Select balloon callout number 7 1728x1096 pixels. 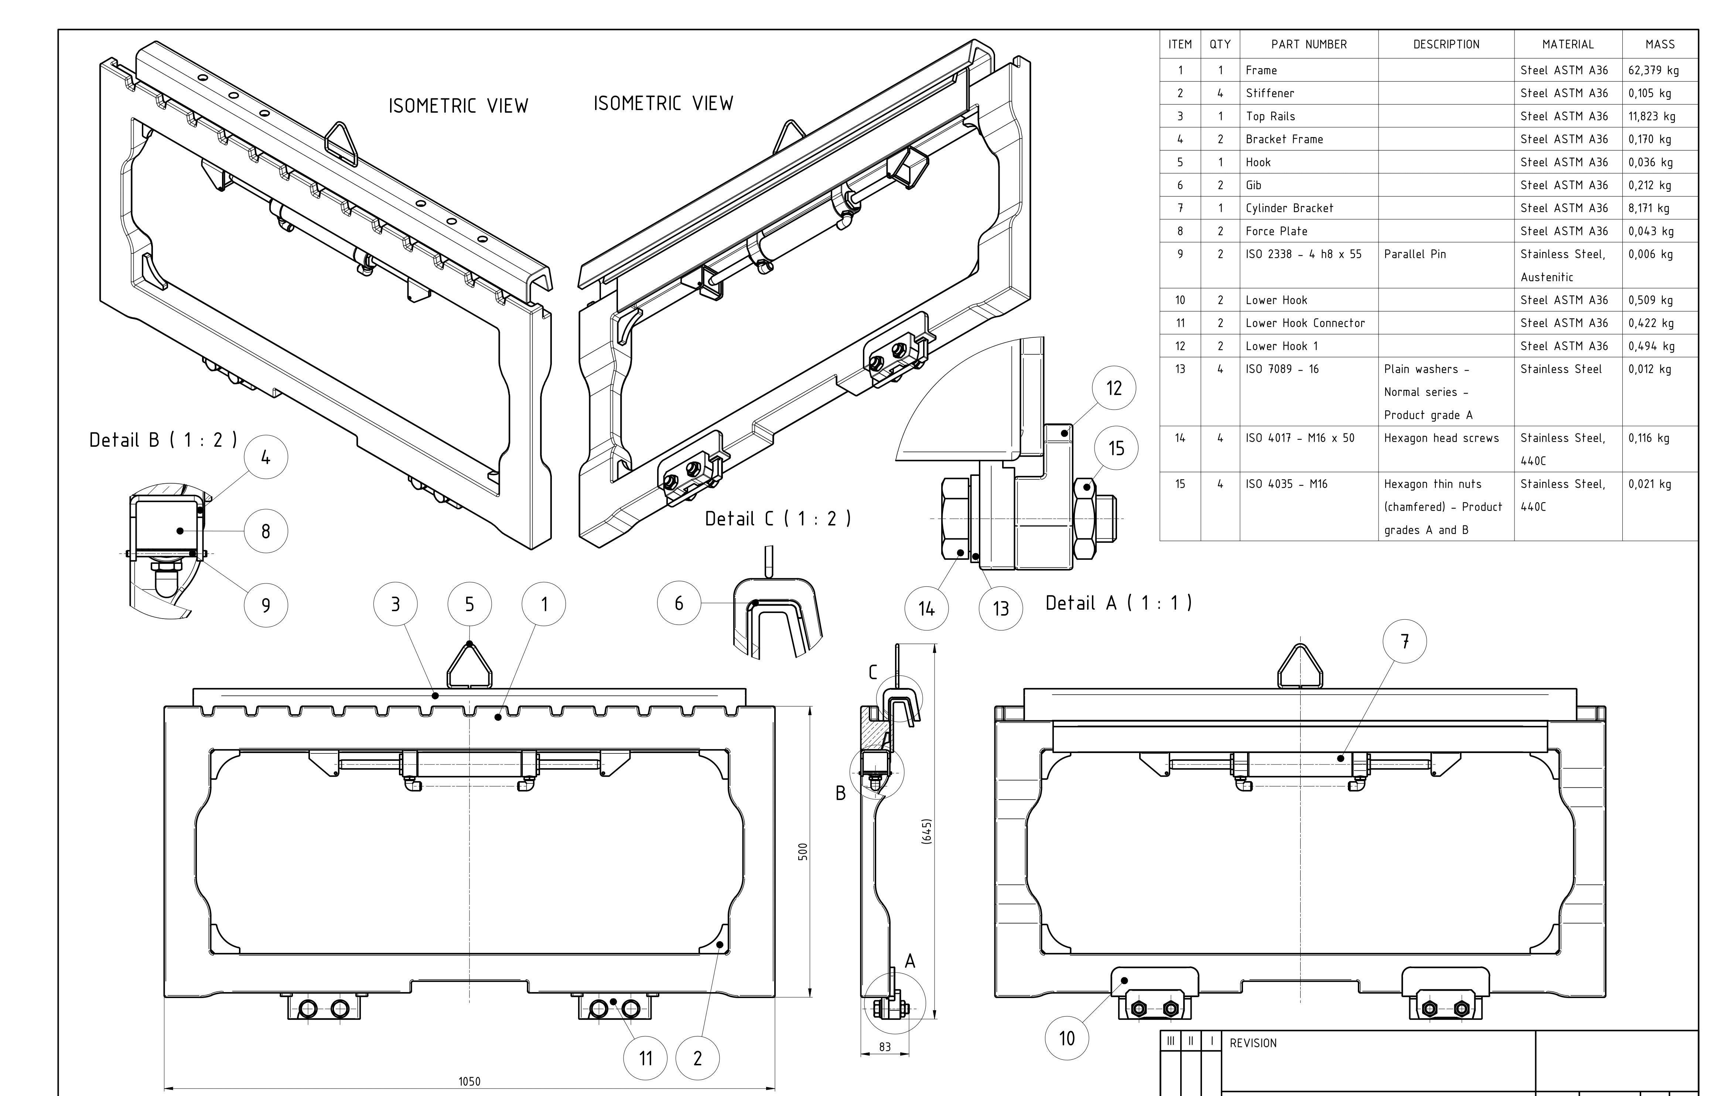coord(1404,641)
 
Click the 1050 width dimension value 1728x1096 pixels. coord(469,1081)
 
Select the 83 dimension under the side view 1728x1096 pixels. coord(885,1047)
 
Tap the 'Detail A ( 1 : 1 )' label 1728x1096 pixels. coord(1118,603)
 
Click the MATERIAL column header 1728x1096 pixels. coord(1568,44)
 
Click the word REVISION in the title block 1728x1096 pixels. coord(1253,1043)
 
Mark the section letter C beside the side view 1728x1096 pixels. coord(872,673)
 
